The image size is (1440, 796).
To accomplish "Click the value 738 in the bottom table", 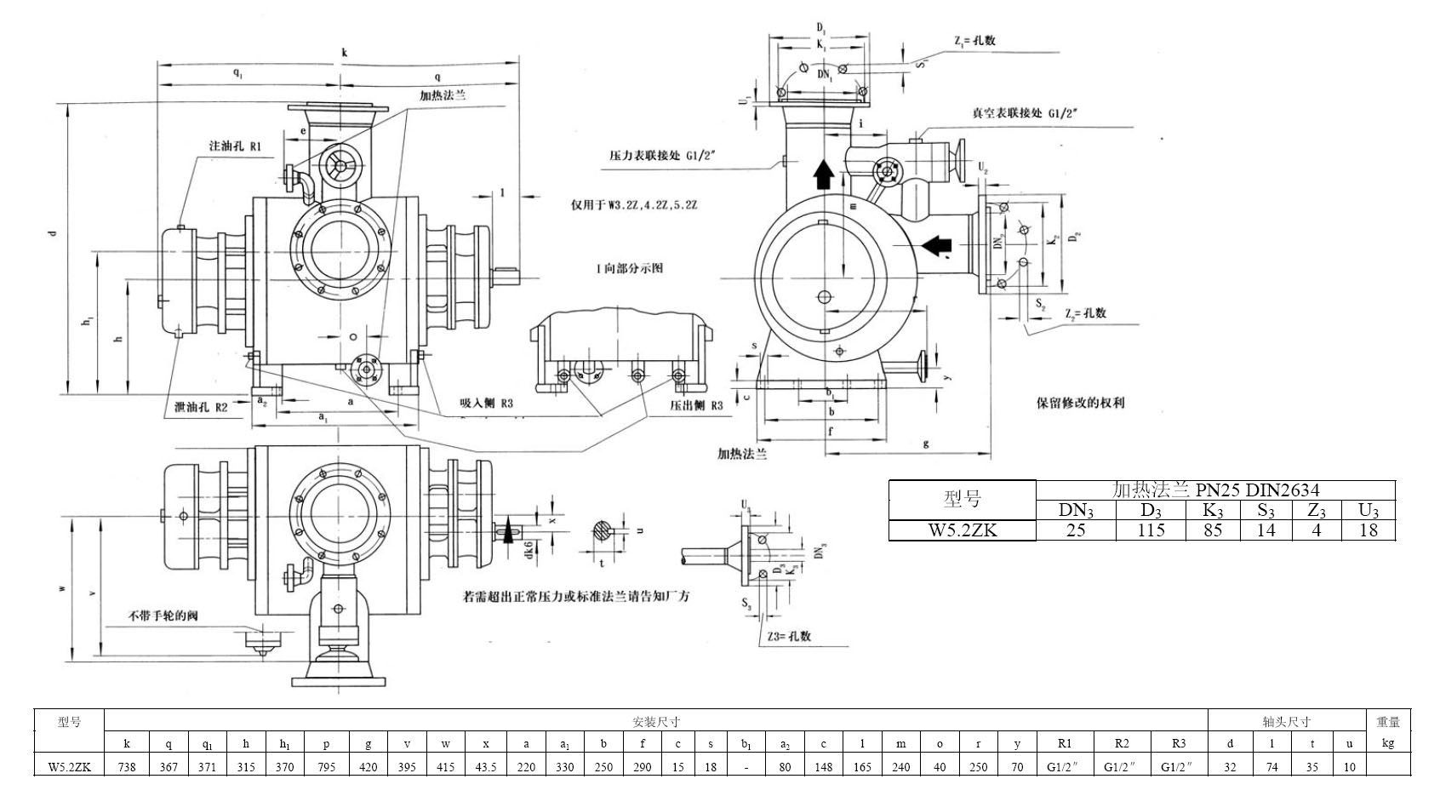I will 127,767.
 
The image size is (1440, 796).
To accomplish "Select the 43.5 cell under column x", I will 486,767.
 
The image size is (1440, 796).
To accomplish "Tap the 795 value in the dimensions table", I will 326,767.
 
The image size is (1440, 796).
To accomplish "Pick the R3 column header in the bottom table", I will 1179,743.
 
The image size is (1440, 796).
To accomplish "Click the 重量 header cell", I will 1388,722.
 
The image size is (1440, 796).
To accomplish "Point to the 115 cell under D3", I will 1151,530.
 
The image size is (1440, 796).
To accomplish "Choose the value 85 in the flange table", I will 1213,530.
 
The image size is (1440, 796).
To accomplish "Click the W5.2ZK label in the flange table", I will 962,530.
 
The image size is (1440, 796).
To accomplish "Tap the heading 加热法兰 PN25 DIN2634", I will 1216,490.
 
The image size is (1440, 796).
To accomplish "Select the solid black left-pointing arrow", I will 936,246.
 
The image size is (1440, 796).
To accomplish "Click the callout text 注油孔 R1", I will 235,146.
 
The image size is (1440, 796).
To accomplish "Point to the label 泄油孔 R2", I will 201,407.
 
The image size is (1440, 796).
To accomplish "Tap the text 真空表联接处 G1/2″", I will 1026,112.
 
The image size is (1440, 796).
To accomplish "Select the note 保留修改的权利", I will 1080,403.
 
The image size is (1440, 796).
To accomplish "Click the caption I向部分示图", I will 629,268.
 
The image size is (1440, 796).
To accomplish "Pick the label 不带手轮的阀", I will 163,615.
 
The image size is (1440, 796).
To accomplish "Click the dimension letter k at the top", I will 344,53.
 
